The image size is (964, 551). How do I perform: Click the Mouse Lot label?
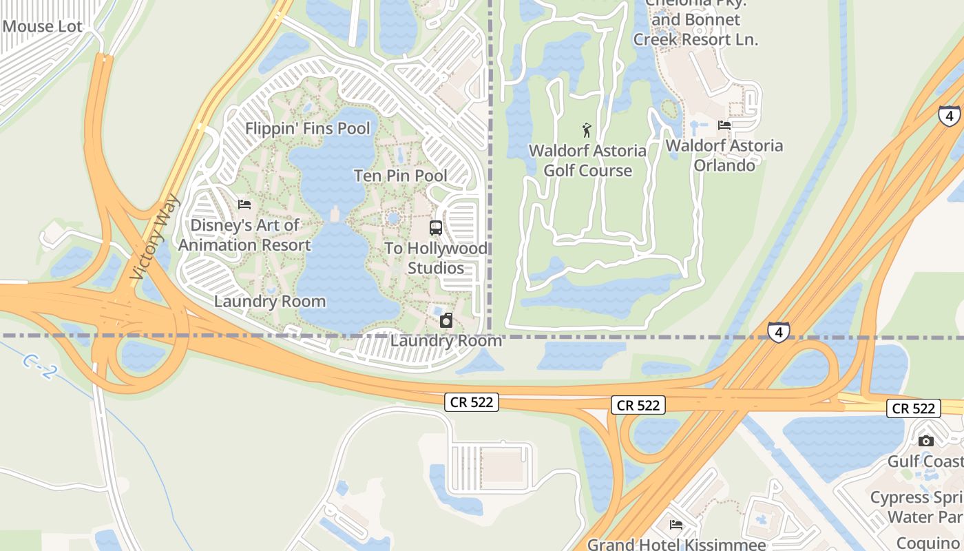(x=42, y=27)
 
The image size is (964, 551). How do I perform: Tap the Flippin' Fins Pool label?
(x=307, y=129)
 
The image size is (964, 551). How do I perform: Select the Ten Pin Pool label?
(x=401, y=176)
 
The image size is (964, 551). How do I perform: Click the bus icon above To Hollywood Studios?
(x=436, y=228)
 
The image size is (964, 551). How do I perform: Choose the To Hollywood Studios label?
(x=436, y=258)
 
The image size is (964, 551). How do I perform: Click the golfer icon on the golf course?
(x=587, y=129)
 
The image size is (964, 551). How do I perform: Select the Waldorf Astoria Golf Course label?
(x=587, y=160)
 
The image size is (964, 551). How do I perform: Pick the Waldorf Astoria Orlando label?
(x=724, y=155)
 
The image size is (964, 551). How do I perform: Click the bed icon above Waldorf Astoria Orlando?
(x=724, y=125)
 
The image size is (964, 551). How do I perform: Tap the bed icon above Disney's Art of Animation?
(x=244, y=205)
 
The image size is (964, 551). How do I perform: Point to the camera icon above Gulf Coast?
(x=926, y=441)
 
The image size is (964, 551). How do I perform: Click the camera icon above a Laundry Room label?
(x=446, y=320)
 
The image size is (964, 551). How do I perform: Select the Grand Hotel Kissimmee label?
(x=676, y=544)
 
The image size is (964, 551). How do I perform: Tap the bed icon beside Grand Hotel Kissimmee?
(x=676, y=525)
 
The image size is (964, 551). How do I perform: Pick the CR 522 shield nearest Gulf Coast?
(x=913, y=408)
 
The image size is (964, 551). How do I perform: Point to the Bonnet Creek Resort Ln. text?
(x=695, y=39)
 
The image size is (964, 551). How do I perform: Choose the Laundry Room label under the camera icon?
(x=446, y=340)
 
